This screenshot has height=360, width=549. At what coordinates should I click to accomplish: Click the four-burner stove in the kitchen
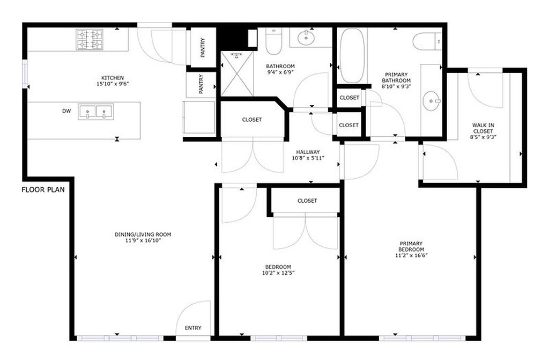(x=90, y=40)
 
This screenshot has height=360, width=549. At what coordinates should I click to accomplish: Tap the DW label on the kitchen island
(x=66, y=111)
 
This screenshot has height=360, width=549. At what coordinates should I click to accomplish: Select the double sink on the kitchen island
(x=96, y=112)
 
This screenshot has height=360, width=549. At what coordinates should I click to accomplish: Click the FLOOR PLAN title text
(x=43, y=190)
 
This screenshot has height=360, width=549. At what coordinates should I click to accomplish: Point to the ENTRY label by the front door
(x=193, y=328)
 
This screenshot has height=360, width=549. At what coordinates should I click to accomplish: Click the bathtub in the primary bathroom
(x=352, y=55)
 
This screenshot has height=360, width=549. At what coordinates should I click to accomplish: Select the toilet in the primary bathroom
(x=427, y=41)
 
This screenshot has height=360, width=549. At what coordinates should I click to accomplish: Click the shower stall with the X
(x=238, y=74)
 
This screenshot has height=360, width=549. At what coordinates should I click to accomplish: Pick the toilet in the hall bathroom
(x=273, y=41)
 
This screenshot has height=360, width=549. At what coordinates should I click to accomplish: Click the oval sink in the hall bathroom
(x=306, y=38)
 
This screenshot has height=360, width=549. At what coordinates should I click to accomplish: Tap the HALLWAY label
(x=308, y=152)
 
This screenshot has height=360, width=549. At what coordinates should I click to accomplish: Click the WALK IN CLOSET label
(x=483, y=128)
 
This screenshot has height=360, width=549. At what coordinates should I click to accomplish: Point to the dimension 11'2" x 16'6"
(x=411, y=255)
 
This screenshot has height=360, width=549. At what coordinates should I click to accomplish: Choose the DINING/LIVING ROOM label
(x=143, y=234)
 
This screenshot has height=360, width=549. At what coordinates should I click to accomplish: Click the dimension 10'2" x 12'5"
(x=278, y=273)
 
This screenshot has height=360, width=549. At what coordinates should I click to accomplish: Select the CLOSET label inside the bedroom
(x=307, y=201)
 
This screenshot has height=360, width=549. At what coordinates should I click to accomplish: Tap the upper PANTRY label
(x=203, y=48)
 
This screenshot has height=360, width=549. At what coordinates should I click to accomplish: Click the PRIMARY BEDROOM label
(x=411, y=246)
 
